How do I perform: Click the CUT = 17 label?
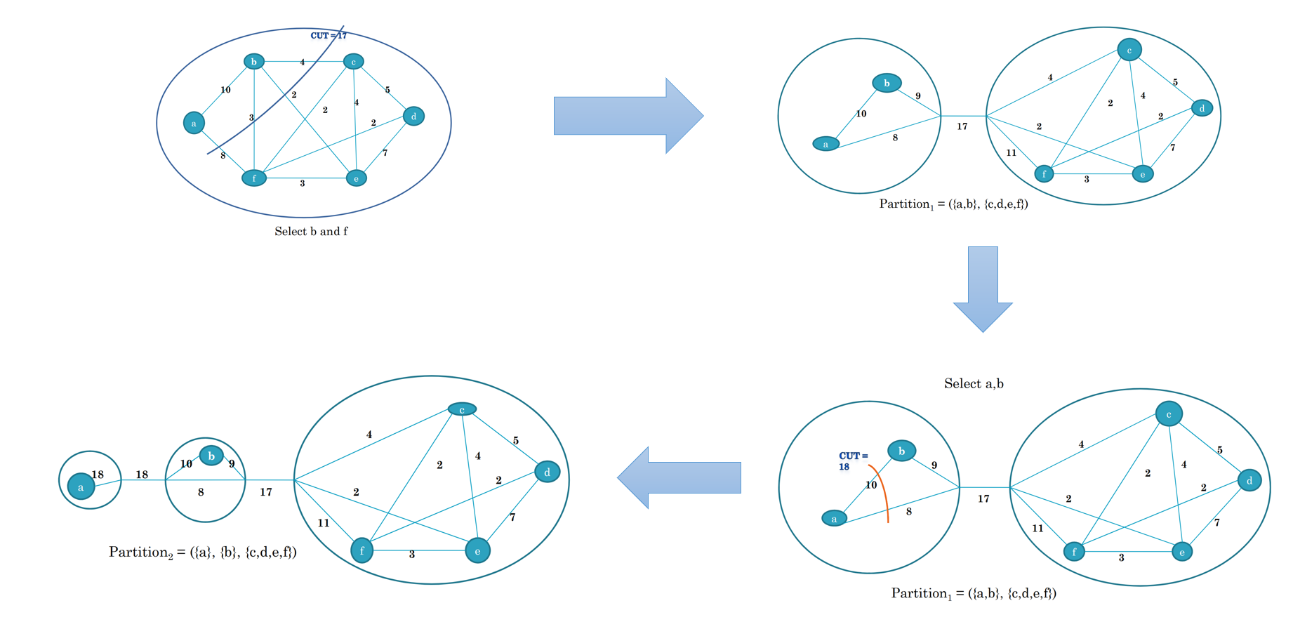[328, 36]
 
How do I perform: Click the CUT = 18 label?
[853, 461]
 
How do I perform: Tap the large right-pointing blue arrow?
[628, 116]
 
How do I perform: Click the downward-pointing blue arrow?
[983, 289]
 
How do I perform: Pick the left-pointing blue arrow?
[679, 477]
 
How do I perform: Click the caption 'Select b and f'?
[311, 232]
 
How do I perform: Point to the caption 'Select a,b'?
[974, 384]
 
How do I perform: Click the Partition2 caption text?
[202, 552]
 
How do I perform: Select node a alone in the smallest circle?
[81, 487]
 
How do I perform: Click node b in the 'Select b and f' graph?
[254, 62]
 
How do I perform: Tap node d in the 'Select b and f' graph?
[413, 117]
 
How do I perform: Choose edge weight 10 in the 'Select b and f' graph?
[225, 90]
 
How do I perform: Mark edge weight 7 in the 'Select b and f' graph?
[385, 153]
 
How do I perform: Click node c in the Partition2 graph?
[462, 409]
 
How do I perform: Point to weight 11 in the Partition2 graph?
[324, 523]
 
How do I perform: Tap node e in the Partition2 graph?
[477, 551]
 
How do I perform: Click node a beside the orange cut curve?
[834, 519]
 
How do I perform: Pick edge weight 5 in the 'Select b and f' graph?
[387, 90]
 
